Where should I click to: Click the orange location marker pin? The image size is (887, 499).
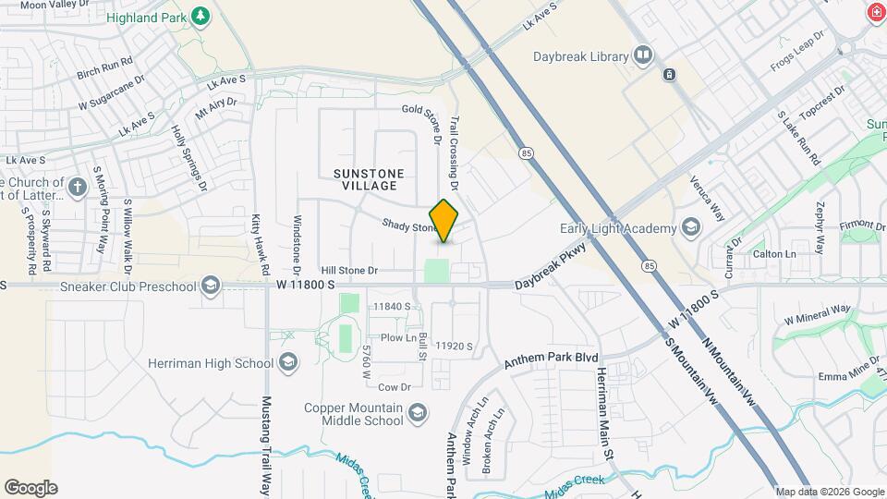444,221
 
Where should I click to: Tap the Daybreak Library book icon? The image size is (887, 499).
642,56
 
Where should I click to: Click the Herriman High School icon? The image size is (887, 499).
287,362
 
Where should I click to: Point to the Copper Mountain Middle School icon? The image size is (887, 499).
418,411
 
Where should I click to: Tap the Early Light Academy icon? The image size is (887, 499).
690,228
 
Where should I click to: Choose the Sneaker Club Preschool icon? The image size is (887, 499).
212,286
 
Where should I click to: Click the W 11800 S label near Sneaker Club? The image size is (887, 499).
305,286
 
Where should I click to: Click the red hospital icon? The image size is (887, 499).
875,12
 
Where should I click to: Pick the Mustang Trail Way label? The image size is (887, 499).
266,446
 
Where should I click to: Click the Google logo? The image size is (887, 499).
30,488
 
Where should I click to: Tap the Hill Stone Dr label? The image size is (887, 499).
350,270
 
